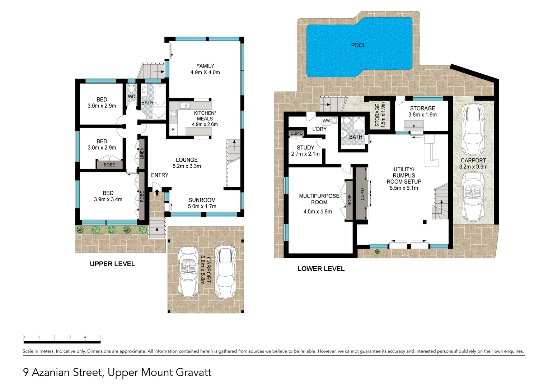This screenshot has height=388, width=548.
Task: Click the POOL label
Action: click(358, 45)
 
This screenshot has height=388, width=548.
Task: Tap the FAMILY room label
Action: click(205, 66)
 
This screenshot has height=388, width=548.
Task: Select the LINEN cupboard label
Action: click(142, 153)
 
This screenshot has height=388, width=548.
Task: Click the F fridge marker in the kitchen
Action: click(173, 130)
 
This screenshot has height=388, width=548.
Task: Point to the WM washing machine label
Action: click(326, 121)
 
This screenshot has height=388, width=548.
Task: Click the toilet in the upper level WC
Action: click(131, 89)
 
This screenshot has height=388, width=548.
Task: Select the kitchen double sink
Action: click(185, 105)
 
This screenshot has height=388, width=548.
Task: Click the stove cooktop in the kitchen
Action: click(173, 114)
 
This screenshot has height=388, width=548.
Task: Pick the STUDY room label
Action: click(305, 147)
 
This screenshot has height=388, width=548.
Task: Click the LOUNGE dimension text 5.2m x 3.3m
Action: click(187, 166)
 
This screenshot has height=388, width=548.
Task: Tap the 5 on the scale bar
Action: click(100, 337)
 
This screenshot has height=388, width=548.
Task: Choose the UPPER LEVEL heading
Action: click(112, 264)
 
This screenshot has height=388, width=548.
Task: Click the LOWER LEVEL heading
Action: click(321, 269)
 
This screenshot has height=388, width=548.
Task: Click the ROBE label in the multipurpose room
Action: click(349, 200)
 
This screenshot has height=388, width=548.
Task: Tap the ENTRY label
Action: click(159, 175)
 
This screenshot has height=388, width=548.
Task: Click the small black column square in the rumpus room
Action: click(425, 222)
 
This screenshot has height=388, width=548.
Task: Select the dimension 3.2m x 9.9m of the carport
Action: click(473, 167)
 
